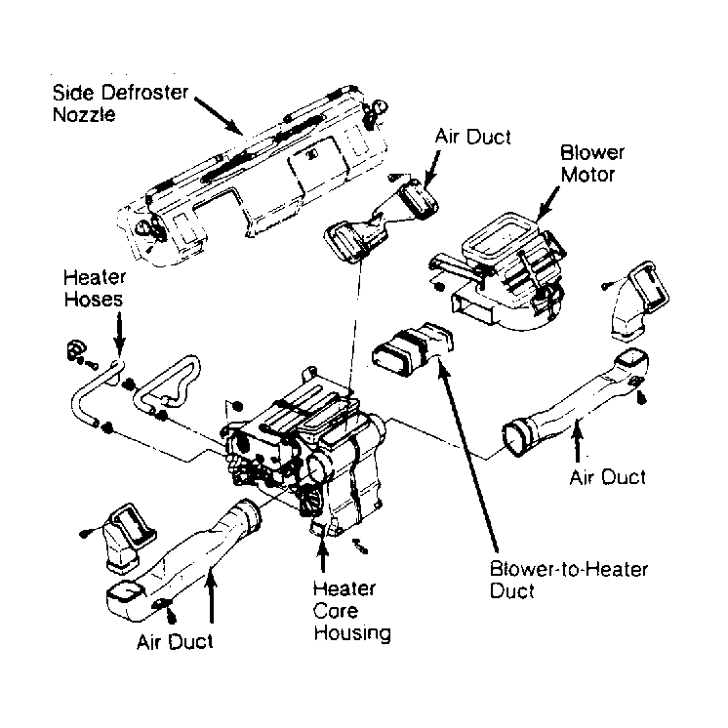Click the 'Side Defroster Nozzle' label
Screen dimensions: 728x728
pos(120,103)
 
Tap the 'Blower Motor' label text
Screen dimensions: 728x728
pos(592,163)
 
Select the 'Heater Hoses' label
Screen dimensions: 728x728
pos(95,288)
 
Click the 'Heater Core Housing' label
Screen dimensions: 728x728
pos(351,611)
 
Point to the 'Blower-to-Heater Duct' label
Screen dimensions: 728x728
pos(568,580)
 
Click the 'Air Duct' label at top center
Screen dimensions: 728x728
pos(472,137)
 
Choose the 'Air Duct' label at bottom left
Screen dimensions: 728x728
pos(175,642)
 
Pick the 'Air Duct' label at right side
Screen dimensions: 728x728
pos(607,477)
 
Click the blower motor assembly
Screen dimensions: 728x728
pos(499,271)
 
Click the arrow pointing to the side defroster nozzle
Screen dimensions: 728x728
pos(219,115)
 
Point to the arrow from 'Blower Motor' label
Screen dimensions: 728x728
pos(547,203)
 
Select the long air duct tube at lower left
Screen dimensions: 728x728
pos(183,559)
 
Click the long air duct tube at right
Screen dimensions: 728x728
pos(576,403)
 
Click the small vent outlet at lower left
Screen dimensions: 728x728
pos(126,537)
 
